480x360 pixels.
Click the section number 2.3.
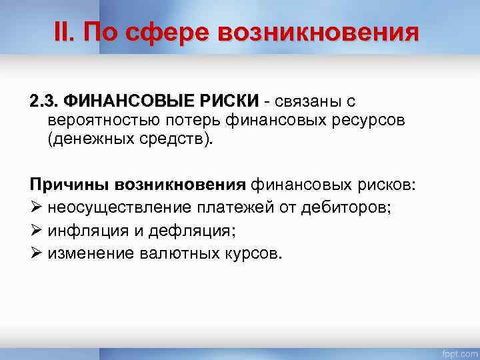tap(43, 101)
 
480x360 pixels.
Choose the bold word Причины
tap(69, 185)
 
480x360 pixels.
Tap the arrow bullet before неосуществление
tap(37, 207)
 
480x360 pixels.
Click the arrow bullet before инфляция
tap(37, 231)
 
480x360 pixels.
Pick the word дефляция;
tap(202, 231)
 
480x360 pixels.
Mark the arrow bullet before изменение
tap(37, 253)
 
